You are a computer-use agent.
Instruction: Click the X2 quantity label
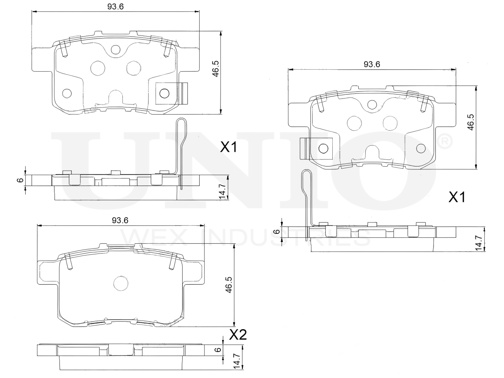coord(238,335)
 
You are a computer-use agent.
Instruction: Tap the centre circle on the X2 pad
coord(121,283)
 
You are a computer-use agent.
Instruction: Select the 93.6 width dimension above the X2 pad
coord(120,220)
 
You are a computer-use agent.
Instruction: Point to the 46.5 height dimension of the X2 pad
coord(229,285)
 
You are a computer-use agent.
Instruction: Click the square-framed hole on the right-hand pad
coord(324,148)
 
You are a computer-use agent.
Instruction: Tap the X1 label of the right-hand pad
coord(456,197)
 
